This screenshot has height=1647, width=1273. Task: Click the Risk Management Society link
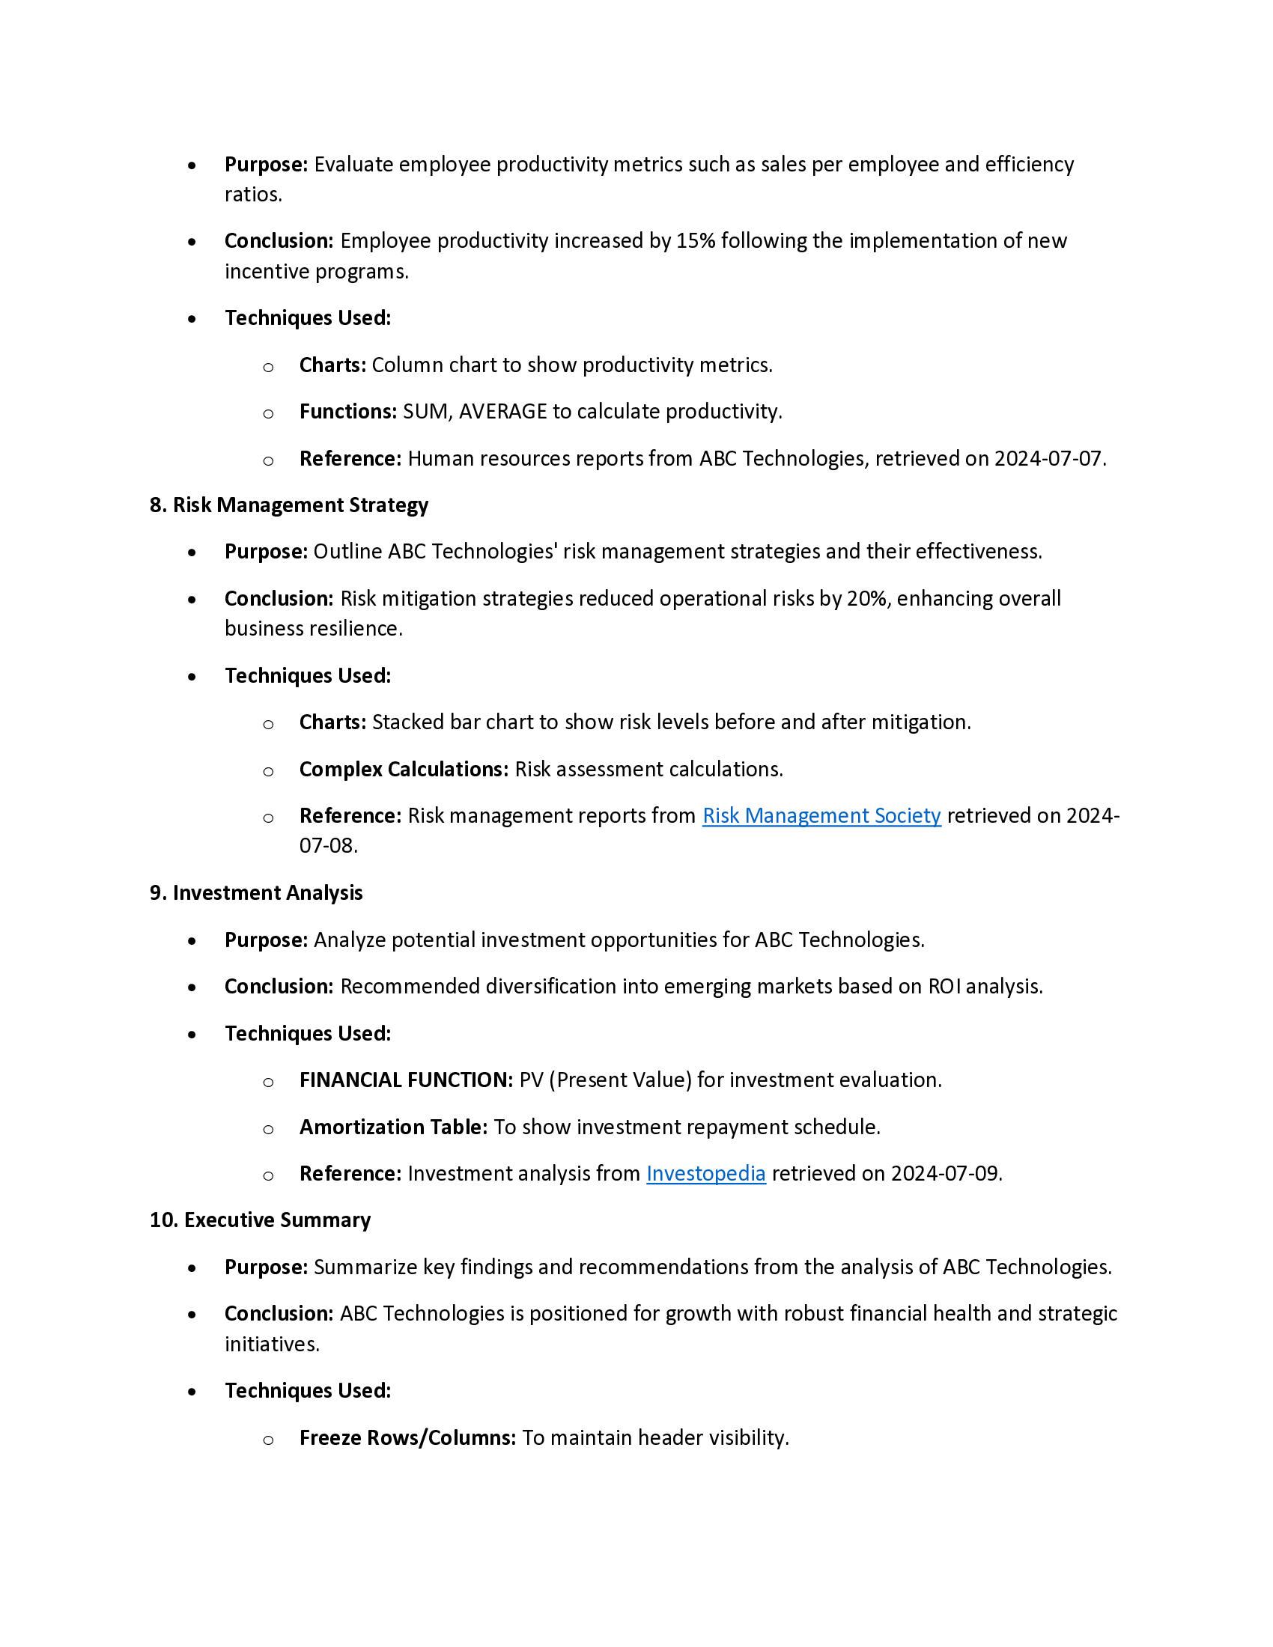(821, 816)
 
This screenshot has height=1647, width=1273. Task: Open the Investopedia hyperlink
(706, 1173)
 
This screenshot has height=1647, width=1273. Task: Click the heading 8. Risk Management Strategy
(289, 505)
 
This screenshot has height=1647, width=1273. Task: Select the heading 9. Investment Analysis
(256, 893)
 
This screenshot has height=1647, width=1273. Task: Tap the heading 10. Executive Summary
(260, 1220)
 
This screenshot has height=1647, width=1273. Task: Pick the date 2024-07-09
(945, 1173)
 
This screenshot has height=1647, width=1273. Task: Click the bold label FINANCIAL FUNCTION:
(407, 1080)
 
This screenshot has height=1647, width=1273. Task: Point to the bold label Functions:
(348, 412)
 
